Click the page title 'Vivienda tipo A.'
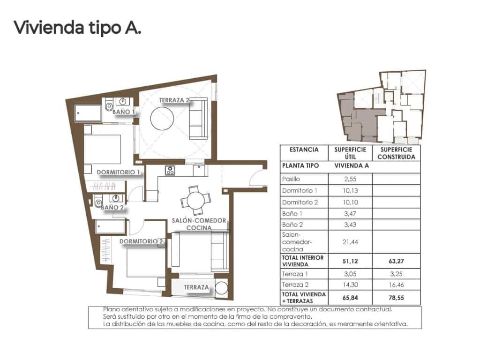[77, 28]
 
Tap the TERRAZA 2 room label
[174, 100]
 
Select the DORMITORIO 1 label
[119, 172]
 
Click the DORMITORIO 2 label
[141, 242]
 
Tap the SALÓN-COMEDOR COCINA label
[199, 224]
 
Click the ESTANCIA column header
[304, 150]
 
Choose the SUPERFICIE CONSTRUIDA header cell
[396, 153]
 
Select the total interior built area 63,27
[396, 260]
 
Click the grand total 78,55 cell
[396, 297]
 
